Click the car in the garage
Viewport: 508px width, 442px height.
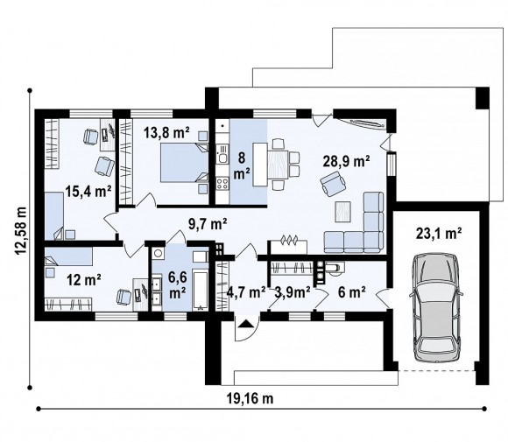(x=436, y=307)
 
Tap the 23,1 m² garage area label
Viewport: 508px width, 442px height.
(x=439, y=234)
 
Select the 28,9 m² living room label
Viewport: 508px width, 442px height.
(x=346, y=161)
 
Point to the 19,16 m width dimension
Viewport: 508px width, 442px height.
(x=250, y=398)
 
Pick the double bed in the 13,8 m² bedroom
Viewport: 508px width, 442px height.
(x=185, y=162)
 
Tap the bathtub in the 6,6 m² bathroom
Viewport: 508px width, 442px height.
(x=200, y=291)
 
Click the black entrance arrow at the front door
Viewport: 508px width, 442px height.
(x=245, y=324)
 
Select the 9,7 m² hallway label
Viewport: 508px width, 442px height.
(x=208, y=223)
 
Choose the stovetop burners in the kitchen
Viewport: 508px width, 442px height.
(x=222, y=183)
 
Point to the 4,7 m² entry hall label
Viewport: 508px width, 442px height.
(x=246, y=292)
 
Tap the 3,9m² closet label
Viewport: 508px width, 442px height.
(x=293, y=292)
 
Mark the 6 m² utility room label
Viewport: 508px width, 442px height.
(x=352, y=292)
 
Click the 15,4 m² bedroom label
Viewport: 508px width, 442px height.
(x=88, y=191)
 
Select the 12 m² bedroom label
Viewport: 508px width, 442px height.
(x=84, y=279)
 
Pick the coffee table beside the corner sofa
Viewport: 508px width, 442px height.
(x=343, y=212)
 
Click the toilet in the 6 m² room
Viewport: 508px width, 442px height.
(x=335, y=268)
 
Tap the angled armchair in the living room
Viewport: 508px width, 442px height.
(x=334, y=184)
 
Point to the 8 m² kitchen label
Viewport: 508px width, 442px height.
(x=242, y=165)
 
